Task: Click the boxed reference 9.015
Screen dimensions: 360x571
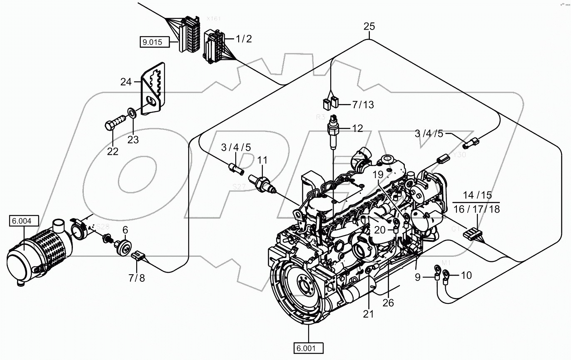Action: pyautogui.click(x=155, y=42)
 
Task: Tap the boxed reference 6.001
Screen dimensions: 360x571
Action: pyautogui.click(x=308, y=348)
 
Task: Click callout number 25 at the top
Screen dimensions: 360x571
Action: pyautogui.click(x=369, y=27)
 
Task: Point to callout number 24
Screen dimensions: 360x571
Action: pyautogui.click(x=126, y=82)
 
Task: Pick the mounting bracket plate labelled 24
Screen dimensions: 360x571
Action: pyautogui.click(x=153, y=89)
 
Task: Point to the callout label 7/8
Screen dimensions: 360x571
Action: pyautogui.click(x=137, y=278)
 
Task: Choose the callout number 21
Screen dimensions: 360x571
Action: pyautogui.click(x=368, y=314)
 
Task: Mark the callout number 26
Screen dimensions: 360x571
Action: pyautogui.click(x=388, y=303)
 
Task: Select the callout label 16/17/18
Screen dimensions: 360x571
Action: pyautogui.click(x=477, y=209)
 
